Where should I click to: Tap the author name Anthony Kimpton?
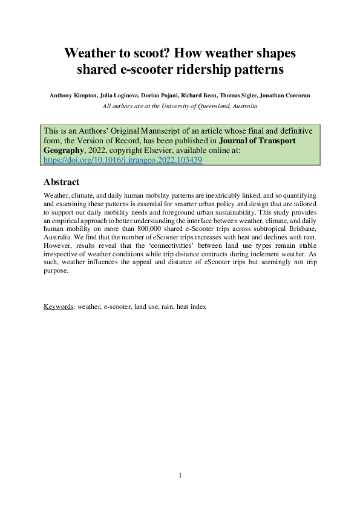tap(70, 96)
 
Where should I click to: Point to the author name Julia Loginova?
tap(116, 96)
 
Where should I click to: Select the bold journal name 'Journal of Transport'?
tap(269, 141)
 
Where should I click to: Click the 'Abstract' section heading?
tap(62, 182)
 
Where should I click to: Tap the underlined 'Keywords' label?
tap(58, 306)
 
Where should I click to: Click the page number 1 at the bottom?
tap(180, 476)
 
